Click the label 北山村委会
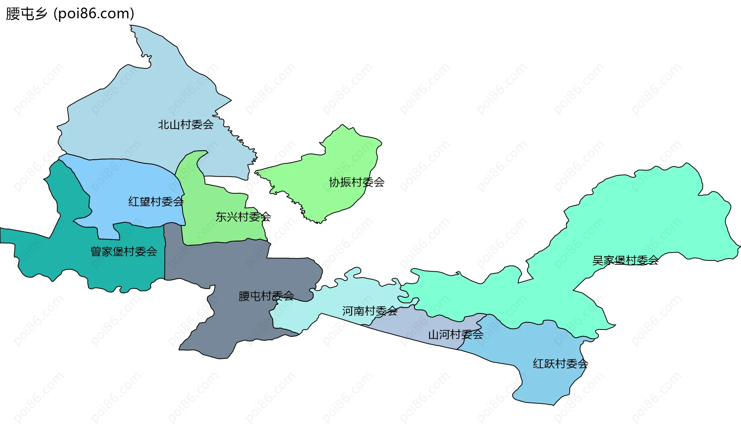coord(186,125)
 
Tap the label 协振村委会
coord(357,182)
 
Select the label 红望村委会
coord(156,202)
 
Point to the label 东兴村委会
coord(243,217)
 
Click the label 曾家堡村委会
coord(124,252)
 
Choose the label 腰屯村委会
coord(266,296)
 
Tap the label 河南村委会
coord(370,311)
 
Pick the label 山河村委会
coord(456,335)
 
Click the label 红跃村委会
coord(560,363)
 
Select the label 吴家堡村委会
coord(626,260)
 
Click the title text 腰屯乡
coord(27,14)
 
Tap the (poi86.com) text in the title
coord(94,14)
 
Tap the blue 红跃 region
coord(548,382)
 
